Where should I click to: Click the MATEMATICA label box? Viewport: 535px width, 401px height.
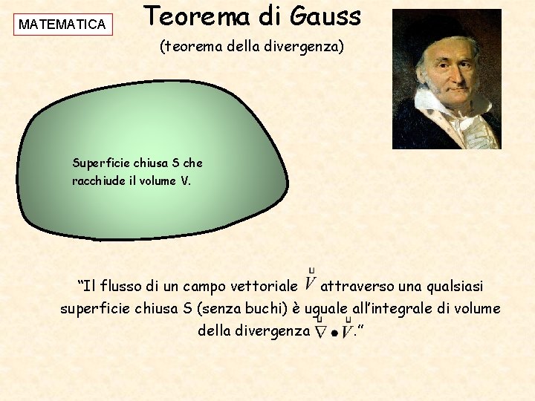pyautogui.click(x=62, y=25)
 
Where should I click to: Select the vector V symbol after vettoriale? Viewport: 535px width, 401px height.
pyautogui.click(x=311, y=283)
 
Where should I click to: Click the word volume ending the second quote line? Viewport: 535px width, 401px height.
pyautogui.click(x=476, y=308)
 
